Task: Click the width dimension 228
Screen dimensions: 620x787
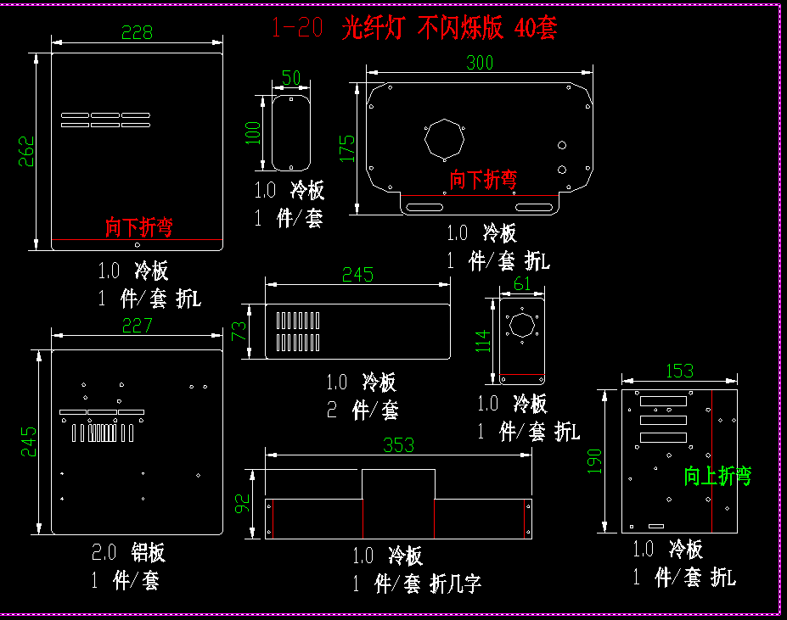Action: point(137,32)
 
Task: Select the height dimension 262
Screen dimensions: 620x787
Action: point(27,151)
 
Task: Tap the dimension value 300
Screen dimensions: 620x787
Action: point(480,62)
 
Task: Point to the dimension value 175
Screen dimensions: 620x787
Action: point(347,148)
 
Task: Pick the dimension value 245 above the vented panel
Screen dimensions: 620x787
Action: point(357,274)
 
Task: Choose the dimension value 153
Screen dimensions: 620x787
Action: point(679,371)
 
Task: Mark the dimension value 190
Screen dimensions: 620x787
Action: point(594,461)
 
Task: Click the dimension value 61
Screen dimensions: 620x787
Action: point(522,284)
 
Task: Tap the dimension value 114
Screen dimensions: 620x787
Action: point(483,340)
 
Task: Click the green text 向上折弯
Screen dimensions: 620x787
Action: point(717,477)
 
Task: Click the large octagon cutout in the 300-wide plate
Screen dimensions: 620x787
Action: point(445,137)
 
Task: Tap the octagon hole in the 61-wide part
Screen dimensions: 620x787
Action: point(521,327)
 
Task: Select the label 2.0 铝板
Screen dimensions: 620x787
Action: point(128,553)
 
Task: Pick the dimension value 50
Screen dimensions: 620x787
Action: point(290,78)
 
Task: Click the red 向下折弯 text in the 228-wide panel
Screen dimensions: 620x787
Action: point(139,227)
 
